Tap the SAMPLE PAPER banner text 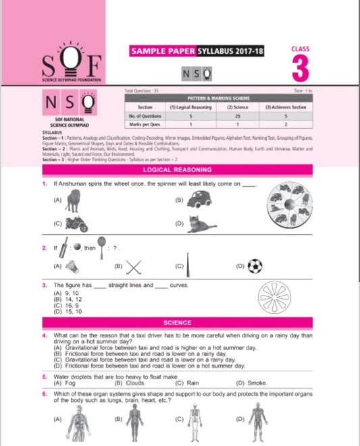[161, 51]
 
